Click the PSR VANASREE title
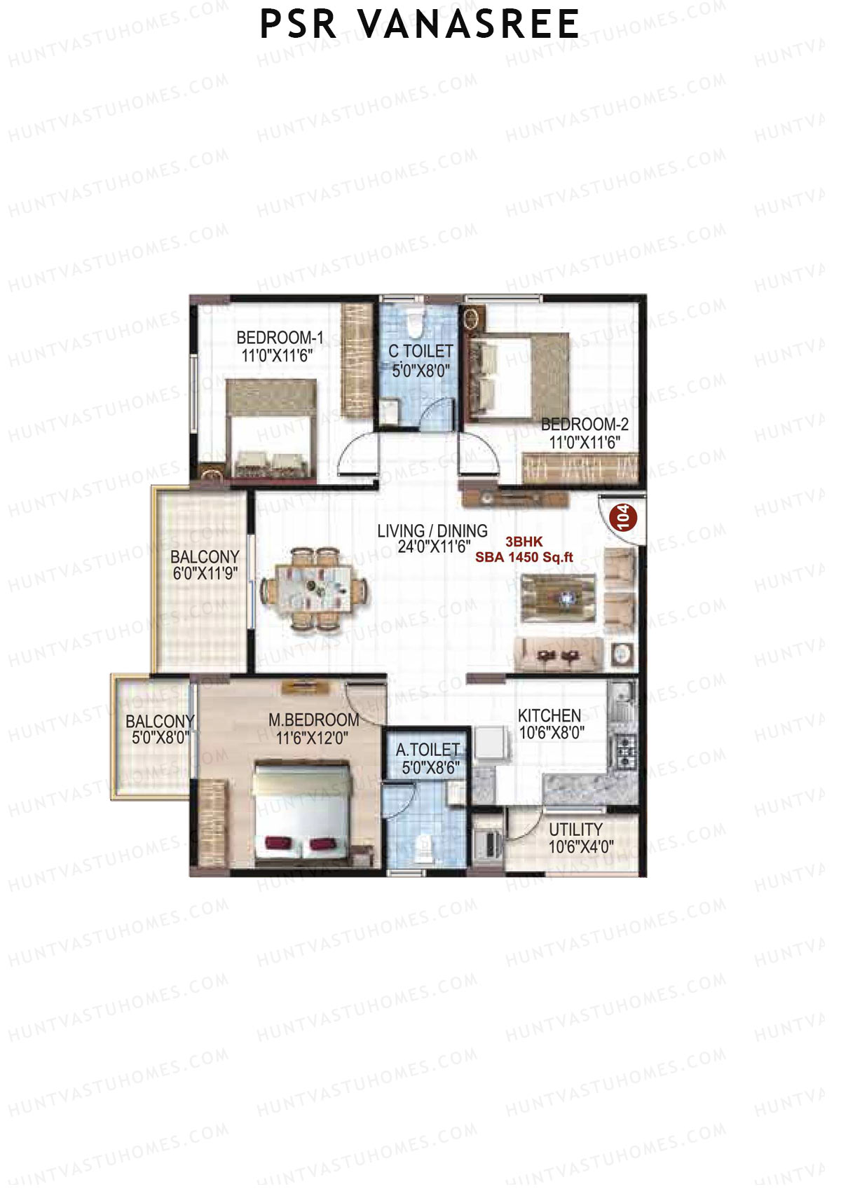419,25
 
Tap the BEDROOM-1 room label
280,337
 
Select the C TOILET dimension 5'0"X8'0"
420,371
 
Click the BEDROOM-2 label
584,425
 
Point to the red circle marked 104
623,517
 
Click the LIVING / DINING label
432,531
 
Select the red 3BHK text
524,542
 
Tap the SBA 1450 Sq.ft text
524,558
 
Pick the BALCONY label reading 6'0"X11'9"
205,557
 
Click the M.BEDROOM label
314,720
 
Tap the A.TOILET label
428,750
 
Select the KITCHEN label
549,716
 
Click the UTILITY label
575,830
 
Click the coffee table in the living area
559,598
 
